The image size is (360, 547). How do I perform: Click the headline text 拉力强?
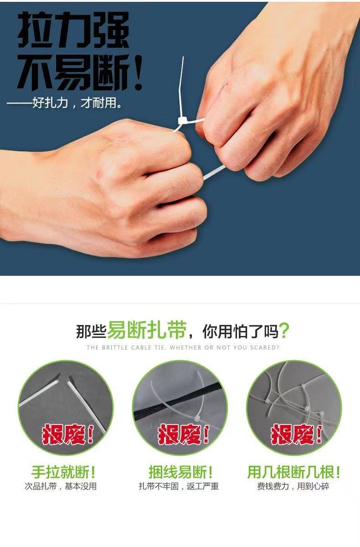[x=73, y=30]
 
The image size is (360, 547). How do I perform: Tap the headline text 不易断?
[x=73, y=72]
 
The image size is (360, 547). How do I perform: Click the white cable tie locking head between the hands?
[x=183, y=120]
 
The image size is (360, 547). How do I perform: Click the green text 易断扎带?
[x=147, y=330]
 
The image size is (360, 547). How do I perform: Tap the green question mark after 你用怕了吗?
[x=284, y=330]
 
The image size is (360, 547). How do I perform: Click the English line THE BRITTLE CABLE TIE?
[x=183, y=347]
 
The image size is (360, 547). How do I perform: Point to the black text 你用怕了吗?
[x=241, y=331]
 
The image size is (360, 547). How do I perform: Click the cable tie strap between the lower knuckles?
[x=214, y=172]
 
